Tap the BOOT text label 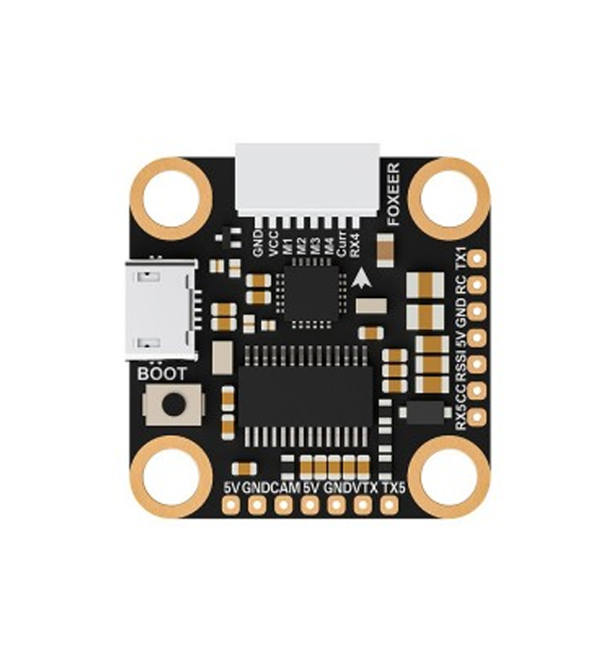coord(162,374)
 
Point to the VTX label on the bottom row coord(365,488)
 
